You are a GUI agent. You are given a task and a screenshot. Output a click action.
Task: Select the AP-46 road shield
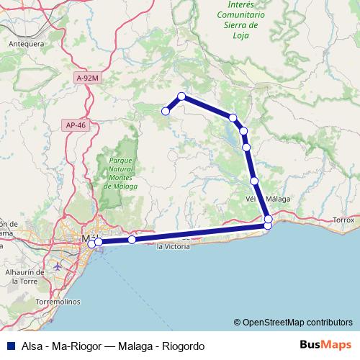point(75,125)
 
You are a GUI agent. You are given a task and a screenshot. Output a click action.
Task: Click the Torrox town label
point(345,219)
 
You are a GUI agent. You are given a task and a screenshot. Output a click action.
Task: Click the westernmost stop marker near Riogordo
point(166,111)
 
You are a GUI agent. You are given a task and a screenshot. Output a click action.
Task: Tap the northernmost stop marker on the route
point(181,96)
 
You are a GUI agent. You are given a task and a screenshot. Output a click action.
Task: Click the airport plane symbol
point(58,266)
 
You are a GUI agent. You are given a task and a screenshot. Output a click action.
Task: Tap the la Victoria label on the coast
point(174,246)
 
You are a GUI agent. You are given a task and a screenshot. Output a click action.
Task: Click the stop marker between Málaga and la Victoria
point(132,240)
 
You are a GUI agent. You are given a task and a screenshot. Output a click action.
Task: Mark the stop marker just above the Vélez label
point(254,181)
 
